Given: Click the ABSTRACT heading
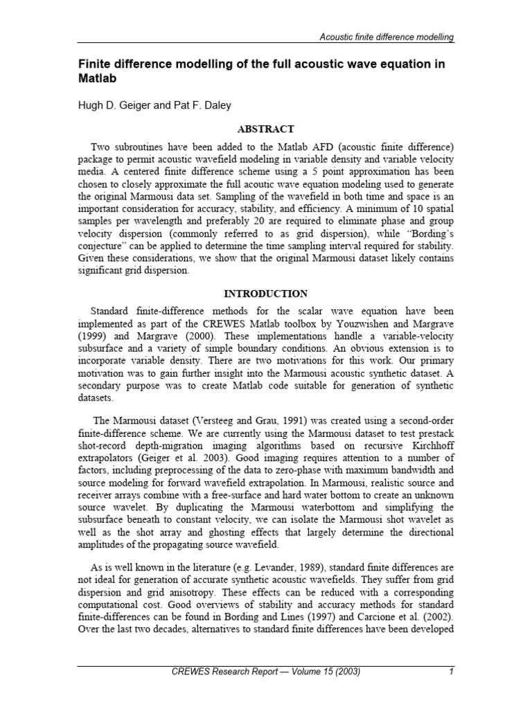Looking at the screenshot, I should click(266, 129).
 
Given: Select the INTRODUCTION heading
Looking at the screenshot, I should click(266, 294).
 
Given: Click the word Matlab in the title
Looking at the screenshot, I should click(97, 79).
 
